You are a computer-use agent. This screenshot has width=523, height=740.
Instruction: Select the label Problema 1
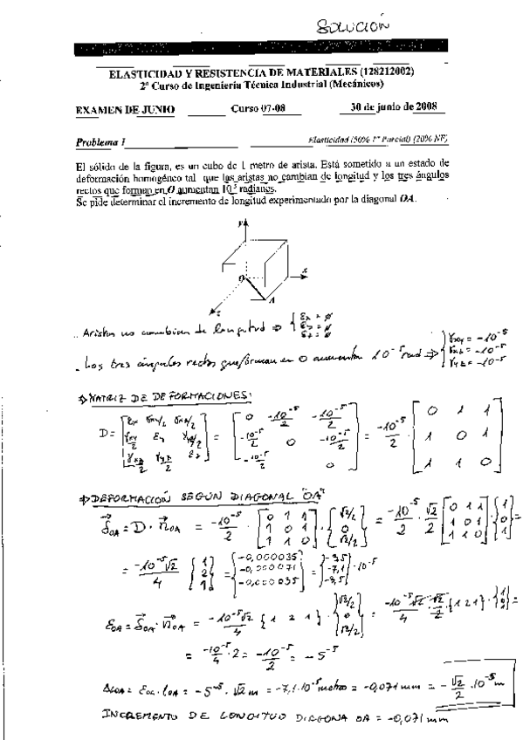pyautogui.click(x=100, y=141)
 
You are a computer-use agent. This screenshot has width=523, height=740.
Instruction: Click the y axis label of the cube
pyautogui.click(x=237, y=223)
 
